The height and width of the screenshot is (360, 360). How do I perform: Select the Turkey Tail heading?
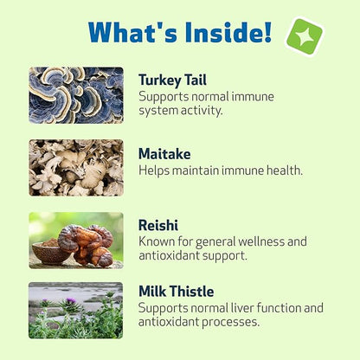point(172,80)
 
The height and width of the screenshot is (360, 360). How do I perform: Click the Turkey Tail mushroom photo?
point(76,94)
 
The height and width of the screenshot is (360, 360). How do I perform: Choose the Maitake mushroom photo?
point(76,168)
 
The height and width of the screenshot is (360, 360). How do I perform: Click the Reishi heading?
point(158,225)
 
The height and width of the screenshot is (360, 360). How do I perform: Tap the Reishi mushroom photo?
point(76,240)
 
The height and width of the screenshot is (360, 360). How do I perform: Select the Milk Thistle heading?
point(176,291)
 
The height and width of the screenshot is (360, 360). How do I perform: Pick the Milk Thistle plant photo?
point(76,310)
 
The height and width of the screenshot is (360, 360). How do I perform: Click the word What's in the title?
point(132,33)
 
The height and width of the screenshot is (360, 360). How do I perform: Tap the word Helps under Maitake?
point(156,170)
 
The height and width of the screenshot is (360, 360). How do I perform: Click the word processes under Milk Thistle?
point(234,323)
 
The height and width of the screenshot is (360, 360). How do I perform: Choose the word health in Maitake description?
point(282,170)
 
